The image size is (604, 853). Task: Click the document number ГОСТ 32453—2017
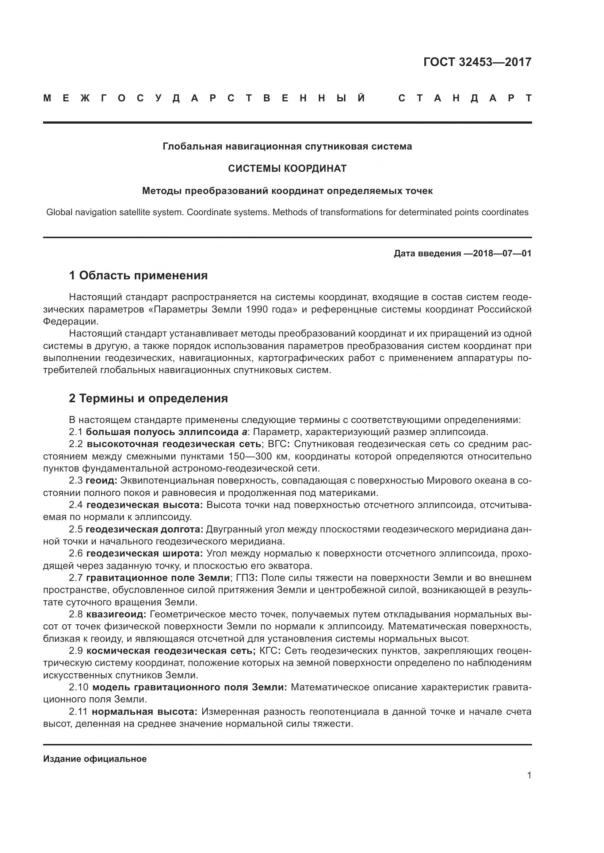pyautogui.click(x=477, y=62)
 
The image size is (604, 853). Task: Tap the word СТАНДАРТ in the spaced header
pyautogui.click(x=465, y=98)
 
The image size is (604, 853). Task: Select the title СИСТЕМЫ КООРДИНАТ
pyautogui.click(x=287, y=169)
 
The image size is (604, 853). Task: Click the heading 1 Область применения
pyautogui.click(x=138, y=276)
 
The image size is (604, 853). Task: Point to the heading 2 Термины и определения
pyautogui.click(x=148, y=399)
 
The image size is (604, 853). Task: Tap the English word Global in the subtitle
pyautogui.click(x=59, y=213)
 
